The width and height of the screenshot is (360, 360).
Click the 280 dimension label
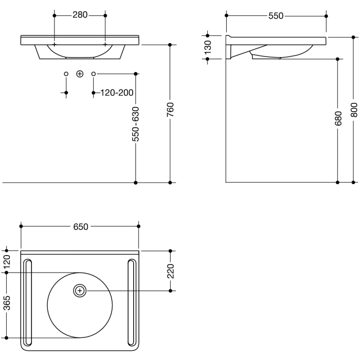coord(80,15)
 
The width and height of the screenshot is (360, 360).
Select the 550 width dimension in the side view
coord(276,16)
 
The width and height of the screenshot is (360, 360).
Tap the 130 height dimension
coord(208,47)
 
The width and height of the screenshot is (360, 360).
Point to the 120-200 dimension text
coord(117,93)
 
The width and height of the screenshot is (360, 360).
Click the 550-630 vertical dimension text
coord(135,124)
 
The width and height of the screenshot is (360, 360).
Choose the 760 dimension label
coord(170,110)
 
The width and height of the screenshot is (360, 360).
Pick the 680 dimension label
coord(337,119)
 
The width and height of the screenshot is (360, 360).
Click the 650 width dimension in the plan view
coord(80,226)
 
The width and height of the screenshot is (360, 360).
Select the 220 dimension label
coord(171,270)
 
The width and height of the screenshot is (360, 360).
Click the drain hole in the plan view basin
coord(79,291)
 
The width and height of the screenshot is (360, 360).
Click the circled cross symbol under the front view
coord(79,74)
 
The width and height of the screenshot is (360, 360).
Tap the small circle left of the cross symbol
coord(66,74)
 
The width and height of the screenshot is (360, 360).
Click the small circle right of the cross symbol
coord(93,74)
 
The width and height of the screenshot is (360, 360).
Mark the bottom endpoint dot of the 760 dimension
coord(170,183)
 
